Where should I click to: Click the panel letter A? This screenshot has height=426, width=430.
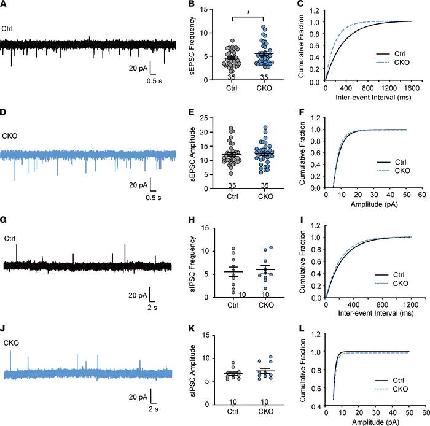[4, 6]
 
